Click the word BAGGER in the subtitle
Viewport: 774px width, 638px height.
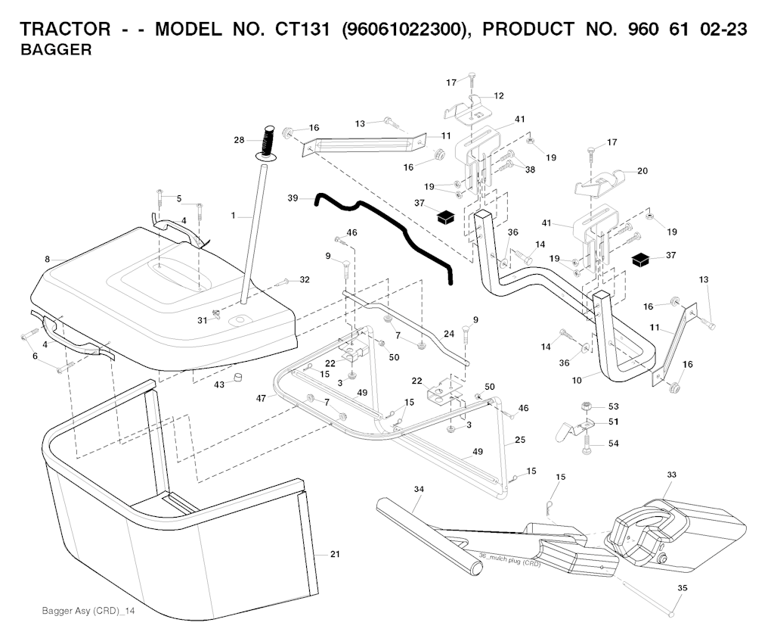click(56, 51)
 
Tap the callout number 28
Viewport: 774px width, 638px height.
click(239, 140)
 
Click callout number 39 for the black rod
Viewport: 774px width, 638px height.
click(293, 198)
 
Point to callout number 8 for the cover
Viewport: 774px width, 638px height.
click(47, 259)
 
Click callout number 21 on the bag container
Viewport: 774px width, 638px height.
click(335, 555)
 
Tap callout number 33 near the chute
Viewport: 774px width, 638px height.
click(671, 475)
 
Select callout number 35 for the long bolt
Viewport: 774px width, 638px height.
click(682, 587)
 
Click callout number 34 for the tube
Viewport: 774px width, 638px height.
click(419, 490)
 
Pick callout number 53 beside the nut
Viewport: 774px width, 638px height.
click(613, 406)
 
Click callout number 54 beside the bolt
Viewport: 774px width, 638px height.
click(613, 443)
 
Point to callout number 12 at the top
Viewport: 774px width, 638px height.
click(499, 96)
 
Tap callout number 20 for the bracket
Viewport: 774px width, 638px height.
click(642, 171)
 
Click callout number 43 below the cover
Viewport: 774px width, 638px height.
click(219, 384)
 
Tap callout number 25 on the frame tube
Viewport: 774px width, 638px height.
click(520, 439)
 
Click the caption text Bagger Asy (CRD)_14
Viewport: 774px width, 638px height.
click(88, 611)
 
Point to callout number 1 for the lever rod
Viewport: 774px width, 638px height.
click(234, 216)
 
